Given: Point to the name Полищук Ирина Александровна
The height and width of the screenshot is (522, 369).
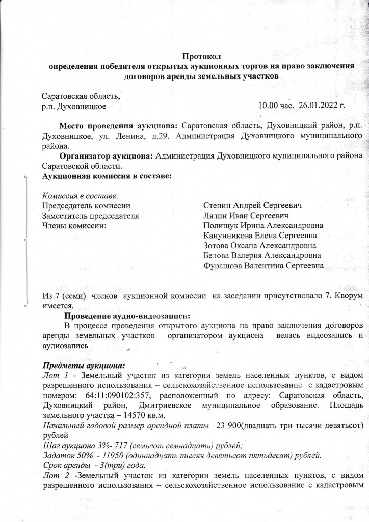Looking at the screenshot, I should point(263,226).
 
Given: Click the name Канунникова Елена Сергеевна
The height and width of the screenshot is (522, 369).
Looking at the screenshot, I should point(260,236).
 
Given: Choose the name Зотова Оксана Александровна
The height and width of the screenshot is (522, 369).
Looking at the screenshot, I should point(259,246).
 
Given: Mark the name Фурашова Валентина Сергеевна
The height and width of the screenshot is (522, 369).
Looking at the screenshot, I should point(263,266).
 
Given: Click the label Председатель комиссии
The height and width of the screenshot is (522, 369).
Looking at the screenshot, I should point(86,206).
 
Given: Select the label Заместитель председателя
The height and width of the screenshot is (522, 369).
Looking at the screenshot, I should point(91,216).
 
